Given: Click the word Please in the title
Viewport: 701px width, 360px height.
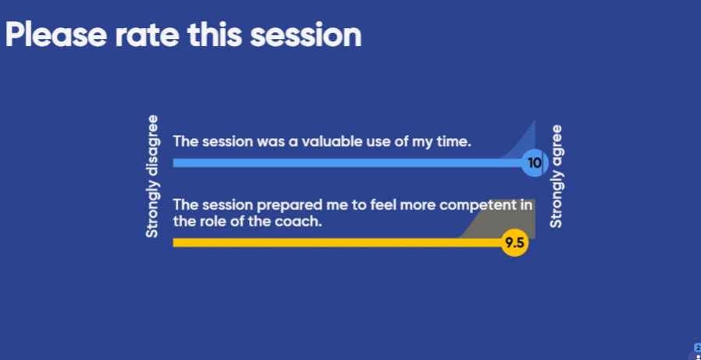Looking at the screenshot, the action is (56, 35).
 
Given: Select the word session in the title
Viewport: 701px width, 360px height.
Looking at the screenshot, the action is (306, 35).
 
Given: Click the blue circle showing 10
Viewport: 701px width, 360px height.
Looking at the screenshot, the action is (535, 162).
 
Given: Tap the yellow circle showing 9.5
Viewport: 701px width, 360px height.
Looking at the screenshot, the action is (514, 244).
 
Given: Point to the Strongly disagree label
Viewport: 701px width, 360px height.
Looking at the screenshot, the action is (152, 176).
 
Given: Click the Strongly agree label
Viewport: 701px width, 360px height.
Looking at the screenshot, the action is (556, 176).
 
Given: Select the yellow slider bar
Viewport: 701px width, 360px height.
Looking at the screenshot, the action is (337, 243).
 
